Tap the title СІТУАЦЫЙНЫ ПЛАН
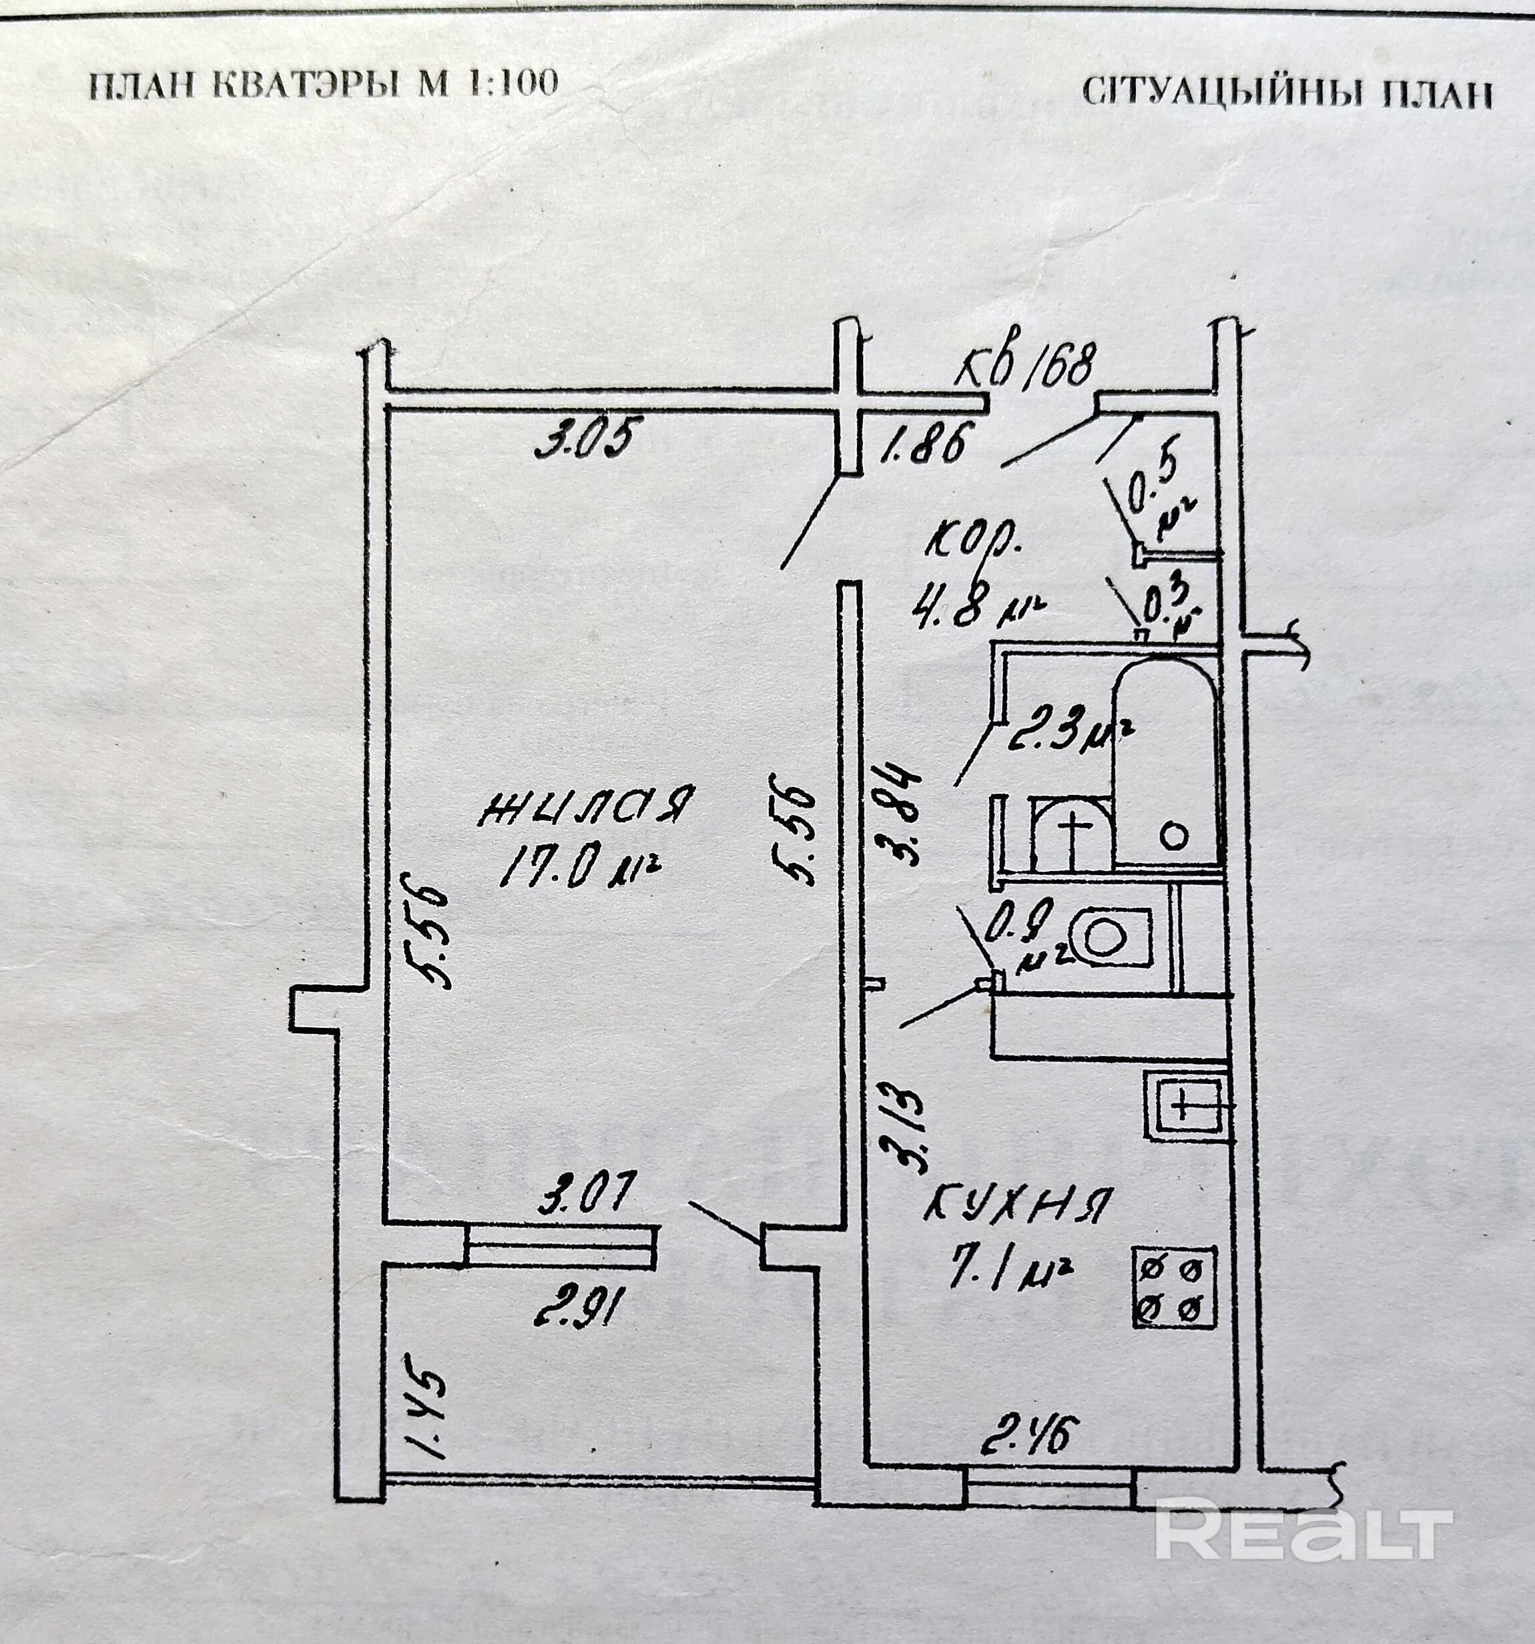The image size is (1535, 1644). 1287,93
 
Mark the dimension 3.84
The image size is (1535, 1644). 900,814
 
